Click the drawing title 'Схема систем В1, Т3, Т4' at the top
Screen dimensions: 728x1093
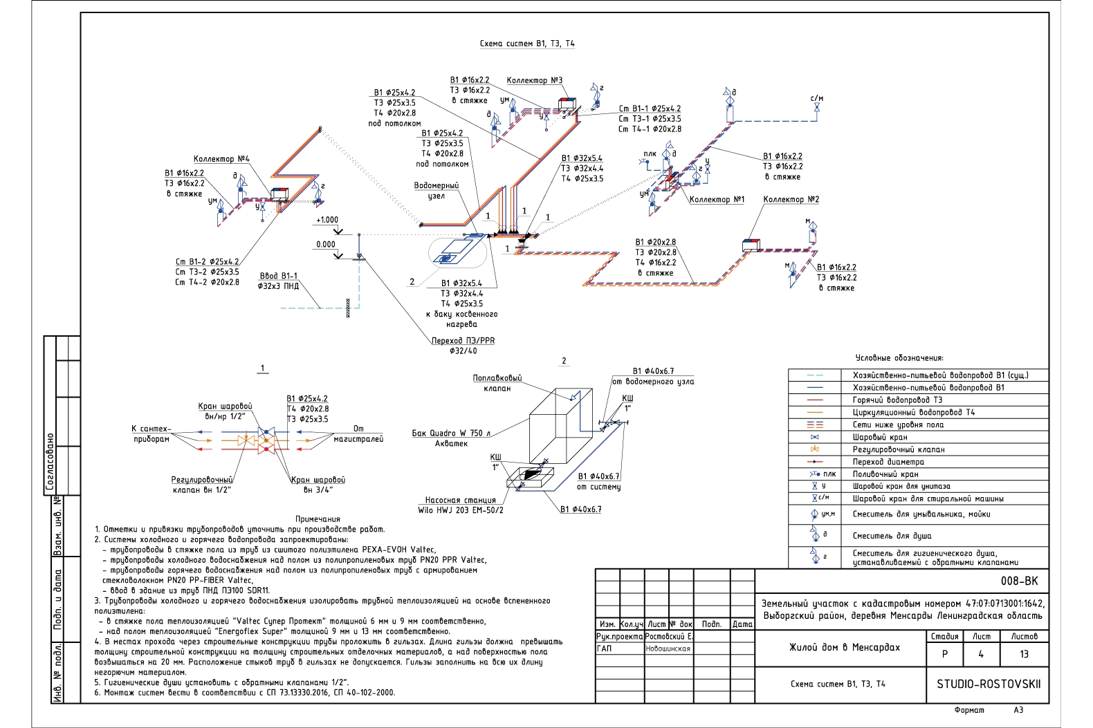pos(527,44)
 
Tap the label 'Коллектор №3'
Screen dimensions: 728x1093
pos(534,81)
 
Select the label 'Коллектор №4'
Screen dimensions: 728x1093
pos(221,159)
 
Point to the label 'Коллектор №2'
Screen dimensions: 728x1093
pos(791,199)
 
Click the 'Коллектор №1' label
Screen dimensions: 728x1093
pos(717,200)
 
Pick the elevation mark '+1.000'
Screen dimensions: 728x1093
pos(327,220)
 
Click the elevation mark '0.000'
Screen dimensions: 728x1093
pos(326,244)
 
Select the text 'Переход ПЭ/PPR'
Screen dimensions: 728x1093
pos(463,341)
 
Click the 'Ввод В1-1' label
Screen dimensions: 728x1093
pos(278,276)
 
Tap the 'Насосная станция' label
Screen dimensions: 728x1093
pos(460,501)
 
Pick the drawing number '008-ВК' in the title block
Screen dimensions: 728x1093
pos(1019,581)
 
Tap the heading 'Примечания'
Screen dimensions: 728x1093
pos(318,519)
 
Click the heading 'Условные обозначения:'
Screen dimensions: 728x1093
pos(899,358)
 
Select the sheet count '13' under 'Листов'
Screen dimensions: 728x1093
pos(1024,654)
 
